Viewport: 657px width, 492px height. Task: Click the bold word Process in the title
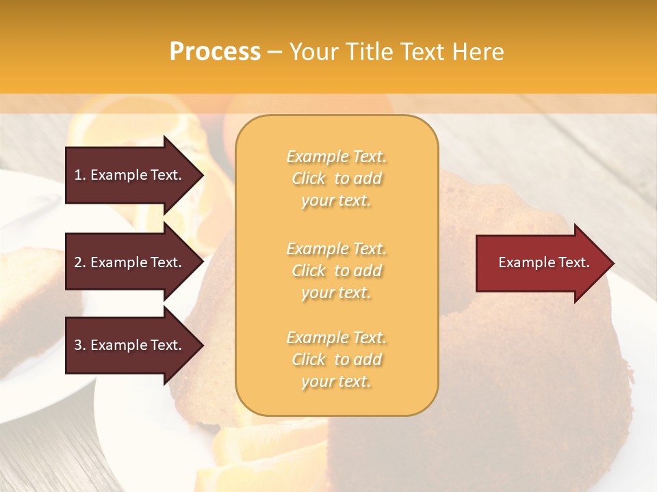pyautogui.click(x=215, y=52)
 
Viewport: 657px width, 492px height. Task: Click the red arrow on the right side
pyautogui.click(x=541, y=263)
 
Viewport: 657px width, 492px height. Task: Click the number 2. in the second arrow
pyautogui.click(x=80, y=262)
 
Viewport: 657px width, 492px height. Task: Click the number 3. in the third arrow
pyautogui.click(x=80, y=345)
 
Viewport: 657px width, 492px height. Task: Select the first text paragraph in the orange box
pyautogui.click(x=336, y=178)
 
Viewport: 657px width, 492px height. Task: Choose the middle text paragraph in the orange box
pyautogui.click(x=336, y=270)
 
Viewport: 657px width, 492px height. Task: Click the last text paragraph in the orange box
pyautogui.click(x=336, y=359)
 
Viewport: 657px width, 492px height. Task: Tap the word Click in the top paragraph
pyautogui.click(x=309, y=178)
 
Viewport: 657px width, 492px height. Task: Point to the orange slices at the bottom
pyautogui.click(x=267, y=451)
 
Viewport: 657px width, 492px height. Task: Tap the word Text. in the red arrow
pyautogui.click(x=572, y=262)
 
